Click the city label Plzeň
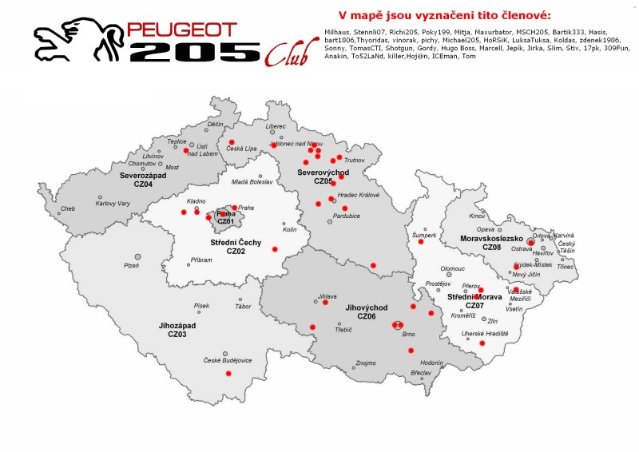coord(131,264)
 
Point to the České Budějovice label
coord(228,360)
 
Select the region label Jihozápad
coord(177,326)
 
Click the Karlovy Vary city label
coord(113,204)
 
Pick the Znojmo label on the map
coord(365,363)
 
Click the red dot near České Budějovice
coord(228,374)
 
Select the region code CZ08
coord(492,248)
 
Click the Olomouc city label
coord(452,268)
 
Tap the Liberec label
coord(276,126)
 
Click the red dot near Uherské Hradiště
coord(482,343)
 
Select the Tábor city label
coord(243,307)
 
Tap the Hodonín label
coord(431,363)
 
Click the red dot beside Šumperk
coord(421,242)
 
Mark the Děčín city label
coord(216,125)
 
